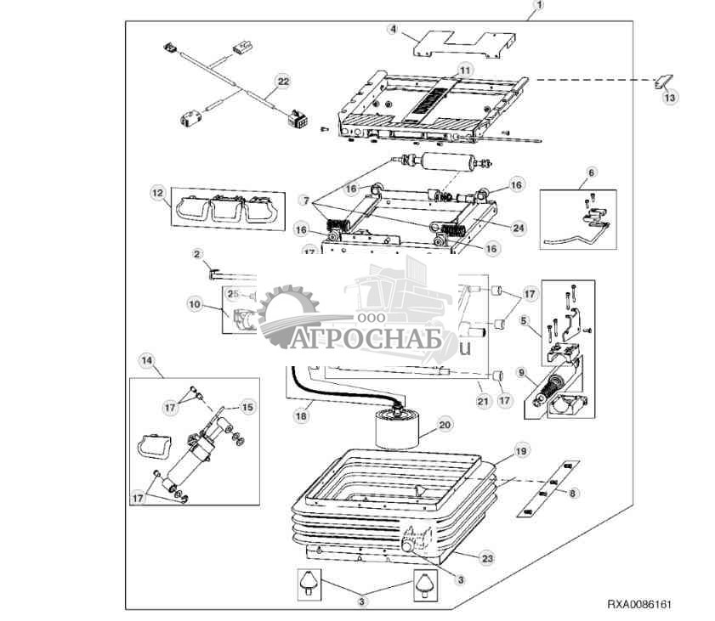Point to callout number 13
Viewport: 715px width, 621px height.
[x=670, y=98]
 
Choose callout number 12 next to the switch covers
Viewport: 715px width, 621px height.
[x=157, y=194]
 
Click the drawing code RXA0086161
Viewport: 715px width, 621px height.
[x=639, y=605]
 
